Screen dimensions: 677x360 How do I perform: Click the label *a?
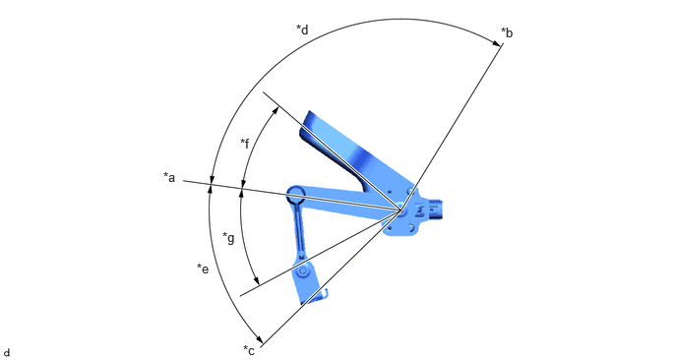click(x=169, y=177)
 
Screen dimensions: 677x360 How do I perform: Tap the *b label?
click(x=507, y=32)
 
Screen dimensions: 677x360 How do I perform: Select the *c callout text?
click(x=249, y=350)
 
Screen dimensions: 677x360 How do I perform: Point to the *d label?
click(x=302, y=30)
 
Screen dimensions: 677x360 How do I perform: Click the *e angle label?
click(x=203, y=269)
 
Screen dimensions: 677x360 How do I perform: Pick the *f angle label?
click(x=245, y=143)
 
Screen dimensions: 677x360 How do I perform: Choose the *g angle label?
click(x=228, y=237)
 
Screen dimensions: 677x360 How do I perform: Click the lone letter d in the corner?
click(x=7, y=353)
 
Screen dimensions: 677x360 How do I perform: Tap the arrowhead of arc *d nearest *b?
click(x=496, y=42)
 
